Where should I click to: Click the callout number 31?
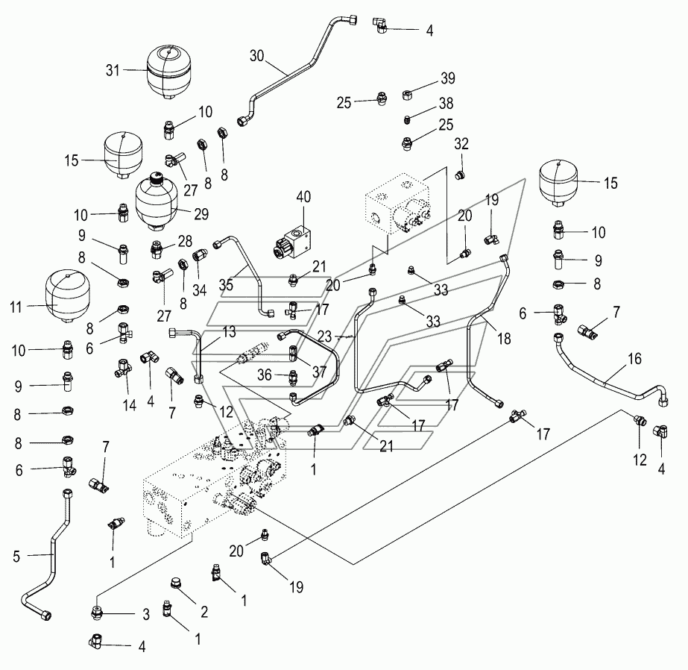tap(113, 70)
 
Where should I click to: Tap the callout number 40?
tap(303, 197)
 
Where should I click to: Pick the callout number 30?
tap(257, 56)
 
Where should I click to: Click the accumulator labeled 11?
tap(68, 296)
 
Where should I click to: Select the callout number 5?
tap(16, 557)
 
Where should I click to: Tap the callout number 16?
tap(634, 359)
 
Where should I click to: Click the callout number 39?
tap(447, 78)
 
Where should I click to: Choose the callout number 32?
tap(461, 143)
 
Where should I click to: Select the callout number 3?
tap(146, 614)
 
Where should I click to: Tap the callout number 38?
tap(446, 103)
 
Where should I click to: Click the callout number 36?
tap(264, 375)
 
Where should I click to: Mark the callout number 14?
tap(130, 405)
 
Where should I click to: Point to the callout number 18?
tap(504, 338)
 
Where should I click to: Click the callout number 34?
tap(200, 290)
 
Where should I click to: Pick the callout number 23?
tap(324, 336)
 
